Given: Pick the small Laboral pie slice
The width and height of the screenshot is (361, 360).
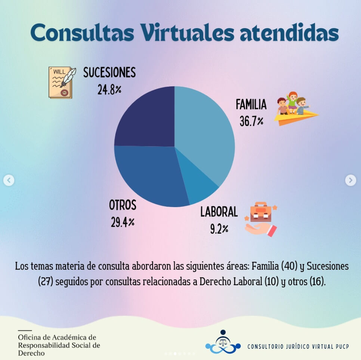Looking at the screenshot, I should coord(198,189).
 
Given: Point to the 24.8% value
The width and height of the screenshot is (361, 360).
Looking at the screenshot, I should coord(109,90).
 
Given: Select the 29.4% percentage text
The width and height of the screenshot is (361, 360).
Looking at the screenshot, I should coord(123,222).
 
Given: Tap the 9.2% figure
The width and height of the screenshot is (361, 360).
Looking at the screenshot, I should coord(219,229).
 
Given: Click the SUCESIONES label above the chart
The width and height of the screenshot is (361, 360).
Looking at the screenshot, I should coord(109,73).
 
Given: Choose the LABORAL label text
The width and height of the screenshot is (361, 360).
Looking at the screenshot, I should coord(219,212).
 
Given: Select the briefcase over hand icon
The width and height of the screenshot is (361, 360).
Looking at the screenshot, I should coord(261,219).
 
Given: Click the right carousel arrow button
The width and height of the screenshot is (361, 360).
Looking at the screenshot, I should coord(350,180).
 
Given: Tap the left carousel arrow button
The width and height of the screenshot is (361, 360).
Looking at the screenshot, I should coord(9,181).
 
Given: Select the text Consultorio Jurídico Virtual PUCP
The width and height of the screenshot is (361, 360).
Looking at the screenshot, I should coord(298,347).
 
